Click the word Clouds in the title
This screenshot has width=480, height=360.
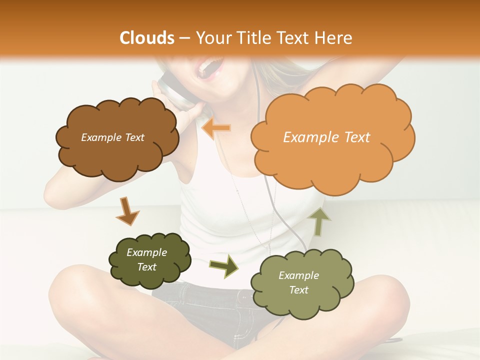point(146,38)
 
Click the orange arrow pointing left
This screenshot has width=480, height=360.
point(216,128)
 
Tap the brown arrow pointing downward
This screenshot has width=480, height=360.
point(127,210)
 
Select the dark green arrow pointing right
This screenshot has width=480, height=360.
point(224,265)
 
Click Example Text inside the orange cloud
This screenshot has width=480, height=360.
point(326,137)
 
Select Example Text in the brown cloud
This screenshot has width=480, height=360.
point(112,137)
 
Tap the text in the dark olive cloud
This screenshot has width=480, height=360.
point(146,259)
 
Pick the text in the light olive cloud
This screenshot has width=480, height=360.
point(298,282)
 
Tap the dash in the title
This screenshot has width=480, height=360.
point(184,38)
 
